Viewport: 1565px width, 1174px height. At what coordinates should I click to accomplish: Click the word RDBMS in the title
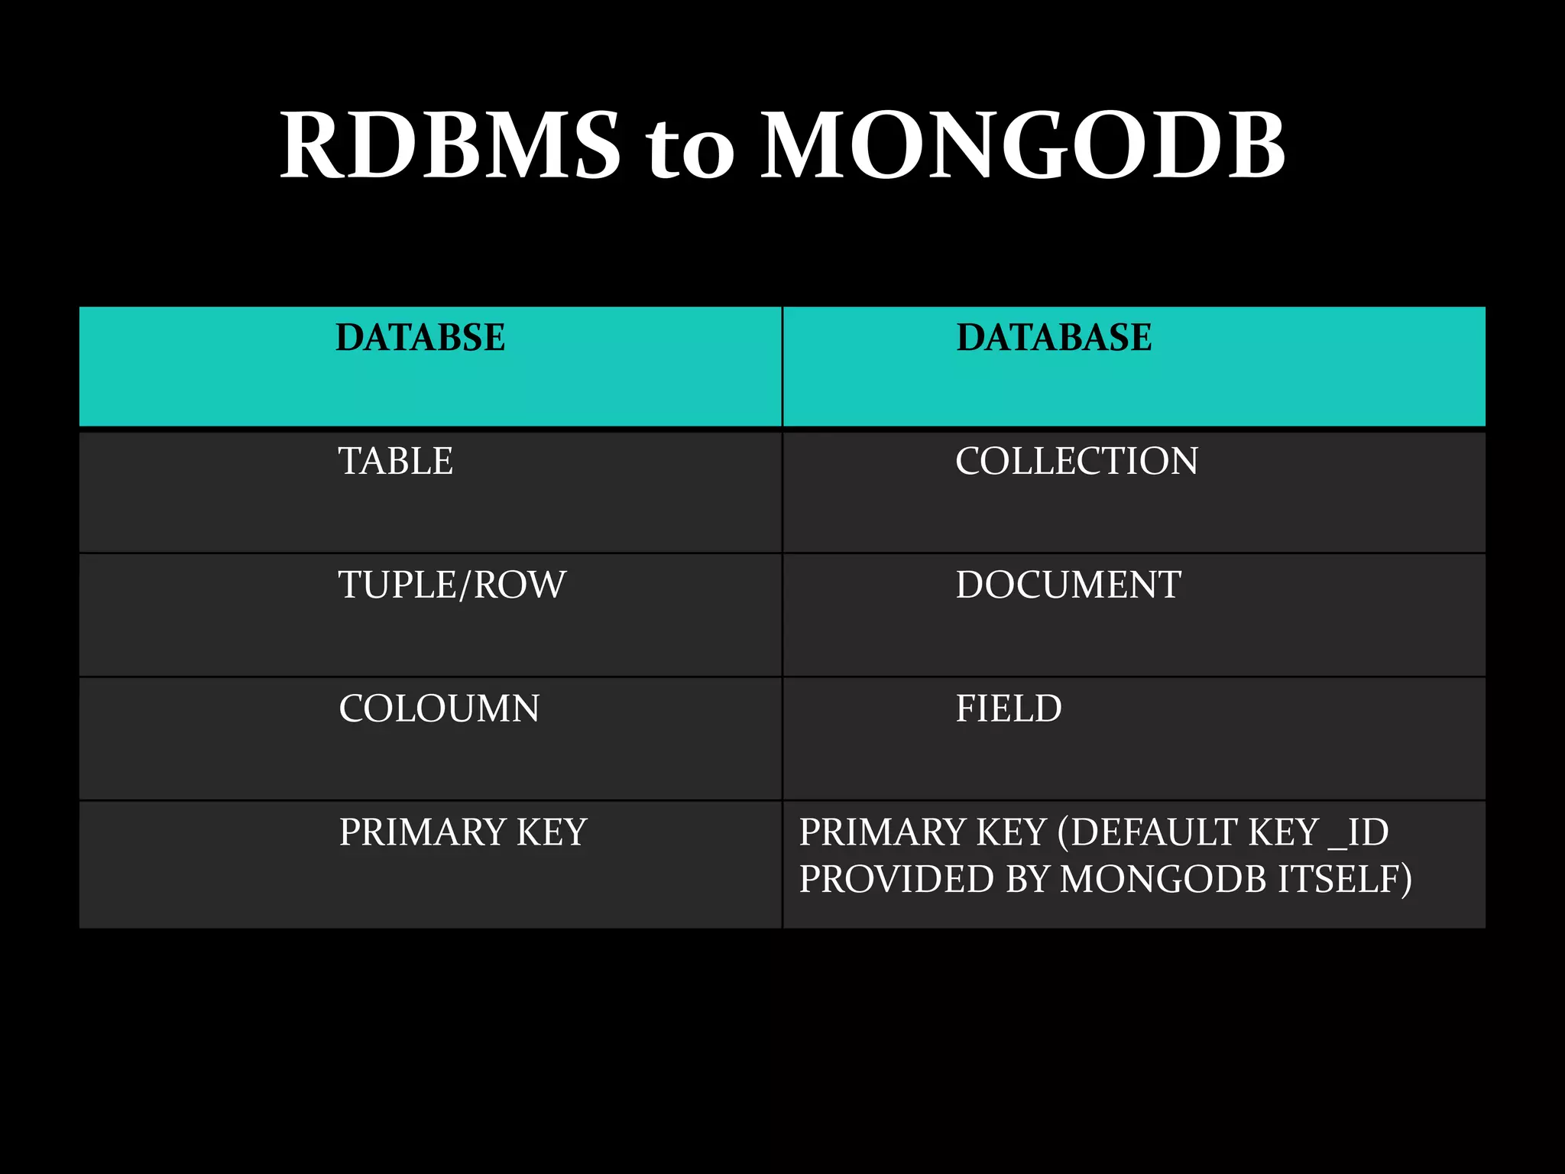click(x=450, y=145)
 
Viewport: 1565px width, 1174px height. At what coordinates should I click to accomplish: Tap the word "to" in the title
click(x=690, y=149)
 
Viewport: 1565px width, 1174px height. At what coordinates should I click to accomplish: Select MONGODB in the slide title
click(x=1023, y=145)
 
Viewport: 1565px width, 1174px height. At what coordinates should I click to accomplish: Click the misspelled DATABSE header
click(x=420, y=337)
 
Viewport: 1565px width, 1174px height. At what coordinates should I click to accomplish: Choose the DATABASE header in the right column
click(x=1054, y=337)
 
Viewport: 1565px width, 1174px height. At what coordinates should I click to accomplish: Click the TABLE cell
click(x=396, y=461)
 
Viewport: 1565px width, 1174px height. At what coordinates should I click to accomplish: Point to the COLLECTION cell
click(x=1077, y=461)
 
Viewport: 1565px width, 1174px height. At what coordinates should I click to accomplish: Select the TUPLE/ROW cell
click(x=452, y=585)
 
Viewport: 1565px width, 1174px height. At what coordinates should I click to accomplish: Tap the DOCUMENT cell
click(x=1068, y=585)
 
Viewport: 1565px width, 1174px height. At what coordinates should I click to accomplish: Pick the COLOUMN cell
click(x=439, y=709)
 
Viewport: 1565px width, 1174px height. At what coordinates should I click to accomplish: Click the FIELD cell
click(x=1009, y=709)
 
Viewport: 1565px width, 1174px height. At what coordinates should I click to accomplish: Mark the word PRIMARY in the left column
click(x=423, y=832)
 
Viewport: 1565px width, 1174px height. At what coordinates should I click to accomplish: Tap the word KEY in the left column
click(x=551, y=832)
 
